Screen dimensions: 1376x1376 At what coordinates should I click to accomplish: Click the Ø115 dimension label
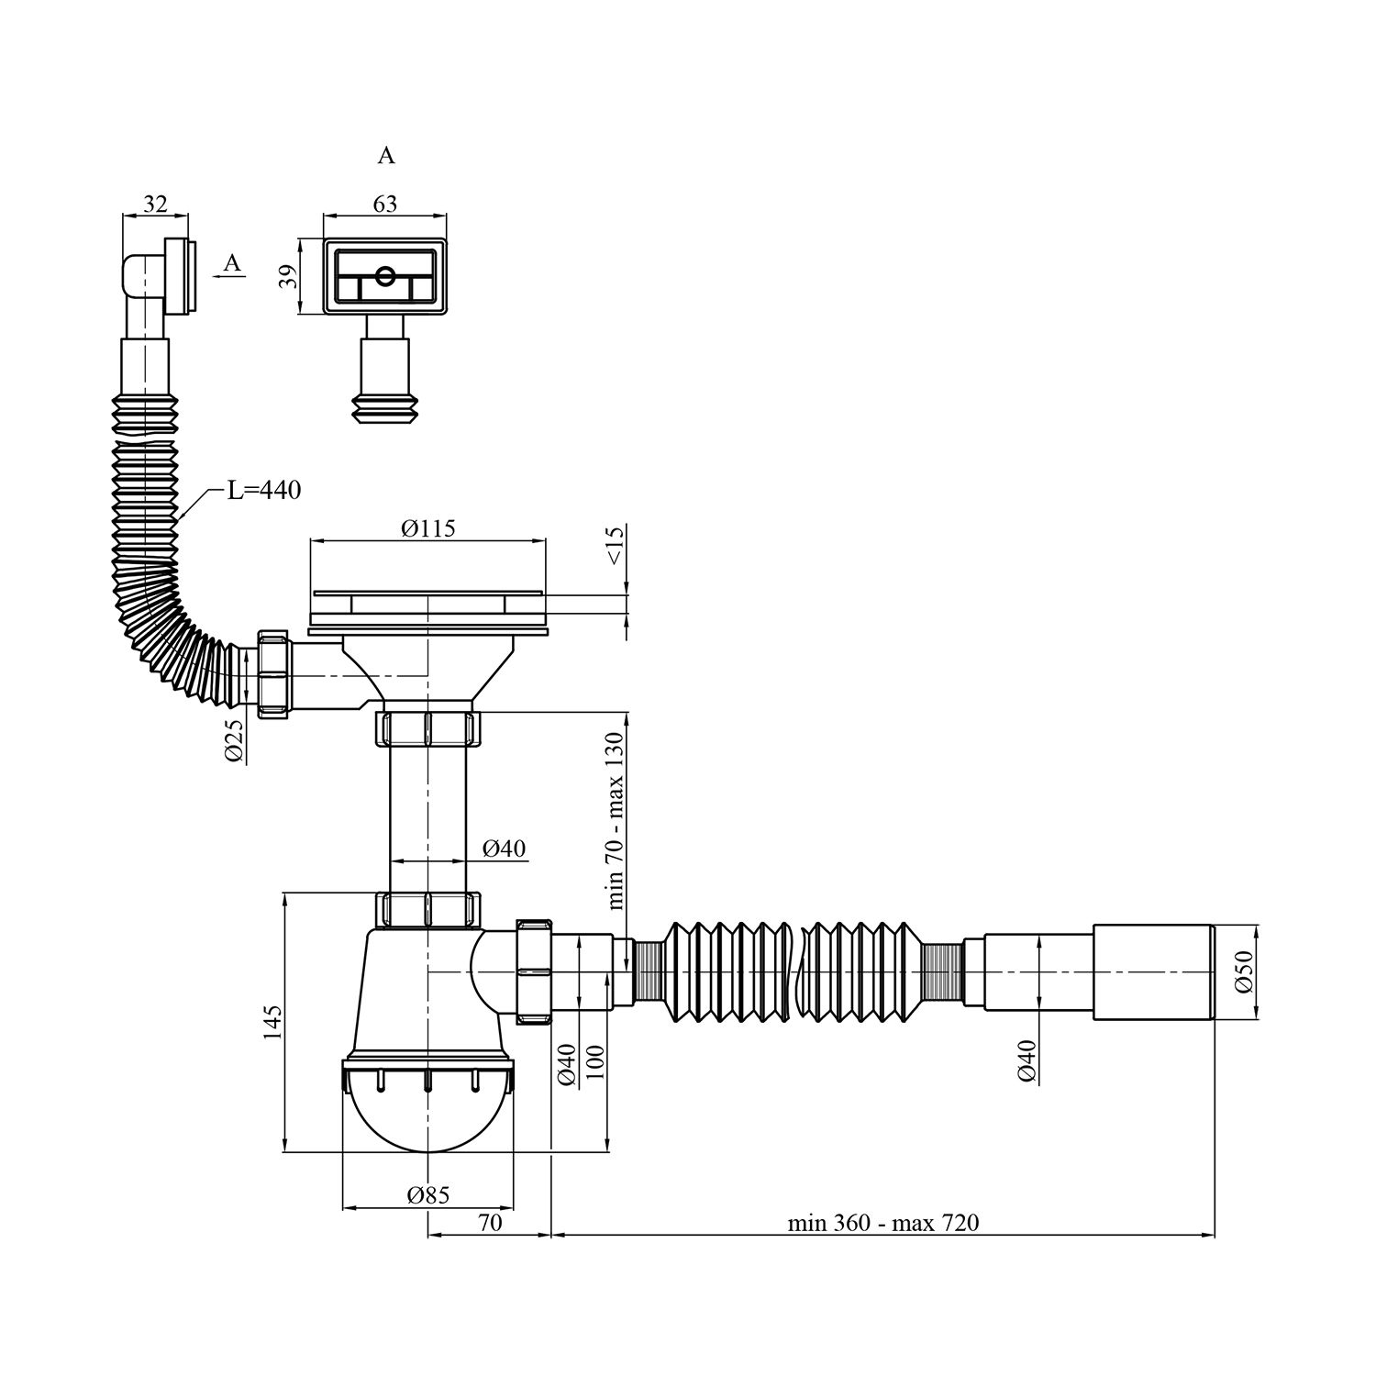tap(427, 528)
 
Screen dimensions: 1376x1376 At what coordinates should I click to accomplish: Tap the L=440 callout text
tap(264, 491)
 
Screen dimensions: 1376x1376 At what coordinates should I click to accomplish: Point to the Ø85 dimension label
tap(428, 1195)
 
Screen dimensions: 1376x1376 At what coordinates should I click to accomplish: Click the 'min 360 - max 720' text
tap(883, 1223)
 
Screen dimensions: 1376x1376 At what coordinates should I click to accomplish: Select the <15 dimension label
tap(615, 545)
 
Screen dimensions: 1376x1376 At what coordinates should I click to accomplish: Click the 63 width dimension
tap(385, 203)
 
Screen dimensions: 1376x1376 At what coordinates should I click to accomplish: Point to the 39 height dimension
tap(288, 276)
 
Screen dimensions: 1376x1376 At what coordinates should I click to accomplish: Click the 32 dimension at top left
tap(155, 204)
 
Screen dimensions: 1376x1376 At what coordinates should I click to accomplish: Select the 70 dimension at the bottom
tap(490, 1223)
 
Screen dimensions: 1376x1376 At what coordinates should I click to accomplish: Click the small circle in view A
tap(385, 274)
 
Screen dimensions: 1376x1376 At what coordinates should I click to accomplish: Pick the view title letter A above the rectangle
tap(386, 156)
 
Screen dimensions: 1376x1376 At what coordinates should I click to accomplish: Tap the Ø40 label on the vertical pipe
tap(504, 849)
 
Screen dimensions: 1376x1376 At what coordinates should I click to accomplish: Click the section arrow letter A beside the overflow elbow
tap(233, 263)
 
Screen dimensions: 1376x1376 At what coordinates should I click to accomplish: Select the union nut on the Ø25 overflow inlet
tap(274, 673)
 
